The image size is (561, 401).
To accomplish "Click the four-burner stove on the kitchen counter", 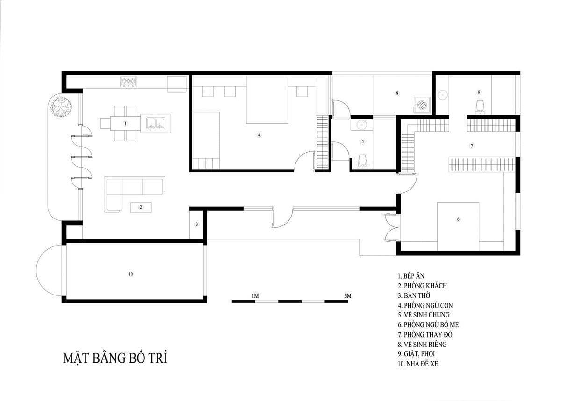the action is click(129, 82).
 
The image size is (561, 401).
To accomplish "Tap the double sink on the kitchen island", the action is click(156, 123).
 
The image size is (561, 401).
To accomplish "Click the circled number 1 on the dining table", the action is click(125, 123).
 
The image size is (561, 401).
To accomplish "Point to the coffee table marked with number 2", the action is click(141, 207).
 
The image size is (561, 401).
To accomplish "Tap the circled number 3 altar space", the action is click(197, 224).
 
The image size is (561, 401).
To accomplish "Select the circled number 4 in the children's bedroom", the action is click(259, 135).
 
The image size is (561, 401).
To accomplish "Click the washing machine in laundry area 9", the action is click(423, 105).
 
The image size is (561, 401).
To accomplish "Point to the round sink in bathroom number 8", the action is click(443, 95).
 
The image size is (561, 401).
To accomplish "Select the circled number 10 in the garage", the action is click(131, 274).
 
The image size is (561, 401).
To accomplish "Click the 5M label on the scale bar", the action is click(348, 296).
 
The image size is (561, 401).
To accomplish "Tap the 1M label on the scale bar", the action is click(255, 296).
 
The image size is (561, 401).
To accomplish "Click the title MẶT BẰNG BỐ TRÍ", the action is click(115, 358).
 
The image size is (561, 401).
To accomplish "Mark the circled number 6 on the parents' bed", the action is click(458, 219).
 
